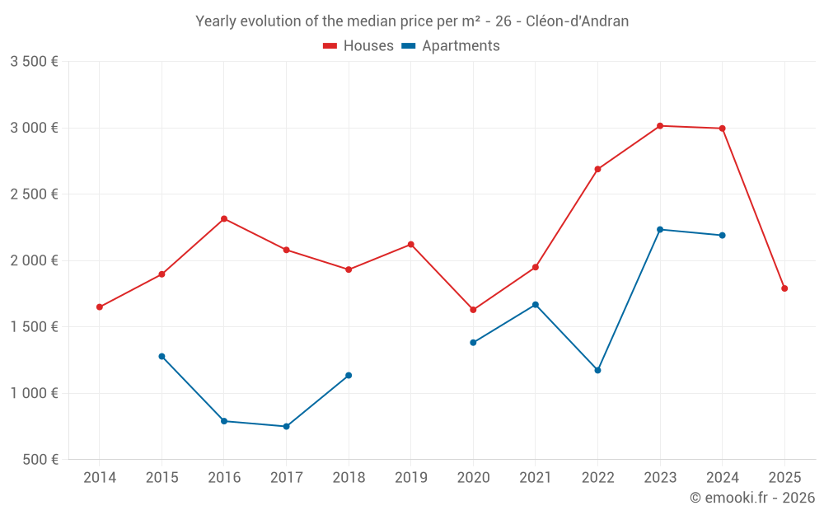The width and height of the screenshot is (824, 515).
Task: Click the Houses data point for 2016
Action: coord(224,219)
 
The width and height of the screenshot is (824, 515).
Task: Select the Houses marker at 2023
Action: coord(660,126)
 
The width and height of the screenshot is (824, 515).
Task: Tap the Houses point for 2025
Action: coord(784,288)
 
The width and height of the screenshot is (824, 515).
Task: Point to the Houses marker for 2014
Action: coord(100,307)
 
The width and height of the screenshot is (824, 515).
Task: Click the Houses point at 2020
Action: coord(473,310)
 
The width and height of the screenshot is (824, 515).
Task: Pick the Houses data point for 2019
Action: coord(410,245)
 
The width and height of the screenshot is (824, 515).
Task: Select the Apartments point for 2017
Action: coord(286,427)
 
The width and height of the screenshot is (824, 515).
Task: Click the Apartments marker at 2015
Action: coord(162,357)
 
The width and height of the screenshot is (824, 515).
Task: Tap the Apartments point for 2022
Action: coord(597,370)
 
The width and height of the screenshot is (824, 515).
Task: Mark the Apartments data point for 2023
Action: coord(660,230)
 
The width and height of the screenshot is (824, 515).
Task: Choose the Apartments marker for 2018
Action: coord(349,376)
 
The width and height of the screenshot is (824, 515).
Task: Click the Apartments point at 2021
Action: coord(536,305)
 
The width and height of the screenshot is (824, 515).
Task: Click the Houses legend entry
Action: coord(358,46)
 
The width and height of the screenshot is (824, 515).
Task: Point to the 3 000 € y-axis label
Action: coord(34,128)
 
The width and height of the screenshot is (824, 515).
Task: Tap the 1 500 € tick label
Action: coord(34,327)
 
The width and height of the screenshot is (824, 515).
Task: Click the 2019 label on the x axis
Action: coord(410,477)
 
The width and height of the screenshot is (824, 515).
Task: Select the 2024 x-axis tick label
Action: coord(722,477)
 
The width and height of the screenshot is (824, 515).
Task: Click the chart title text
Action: coord(412,21)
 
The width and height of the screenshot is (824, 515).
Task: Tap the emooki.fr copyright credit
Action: coord(751,498)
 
